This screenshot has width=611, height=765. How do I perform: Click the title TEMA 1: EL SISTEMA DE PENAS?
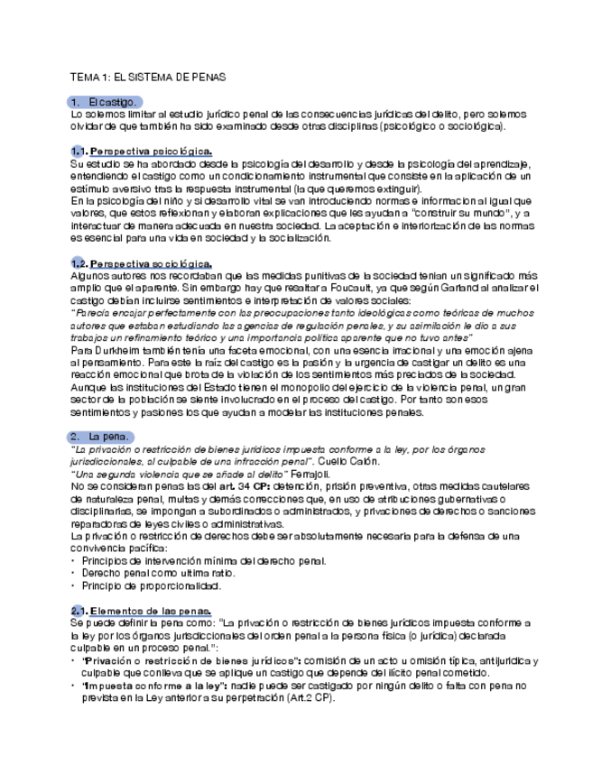pyautogui.click(x=147, y=78)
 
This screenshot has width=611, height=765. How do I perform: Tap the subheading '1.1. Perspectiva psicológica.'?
pyautogui.click(x=141, y=152)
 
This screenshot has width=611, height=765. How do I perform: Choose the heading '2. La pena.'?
pyautogui.click(x=106, y=437)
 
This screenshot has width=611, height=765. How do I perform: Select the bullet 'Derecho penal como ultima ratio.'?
pyautogui.click(x=160, y=573)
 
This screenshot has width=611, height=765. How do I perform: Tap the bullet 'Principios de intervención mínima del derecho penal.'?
pyautogui.click(x=203, y=561)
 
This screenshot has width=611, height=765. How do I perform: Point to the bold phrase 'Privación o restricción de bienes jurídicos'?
pyautogui.click(x=191, y=660)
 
